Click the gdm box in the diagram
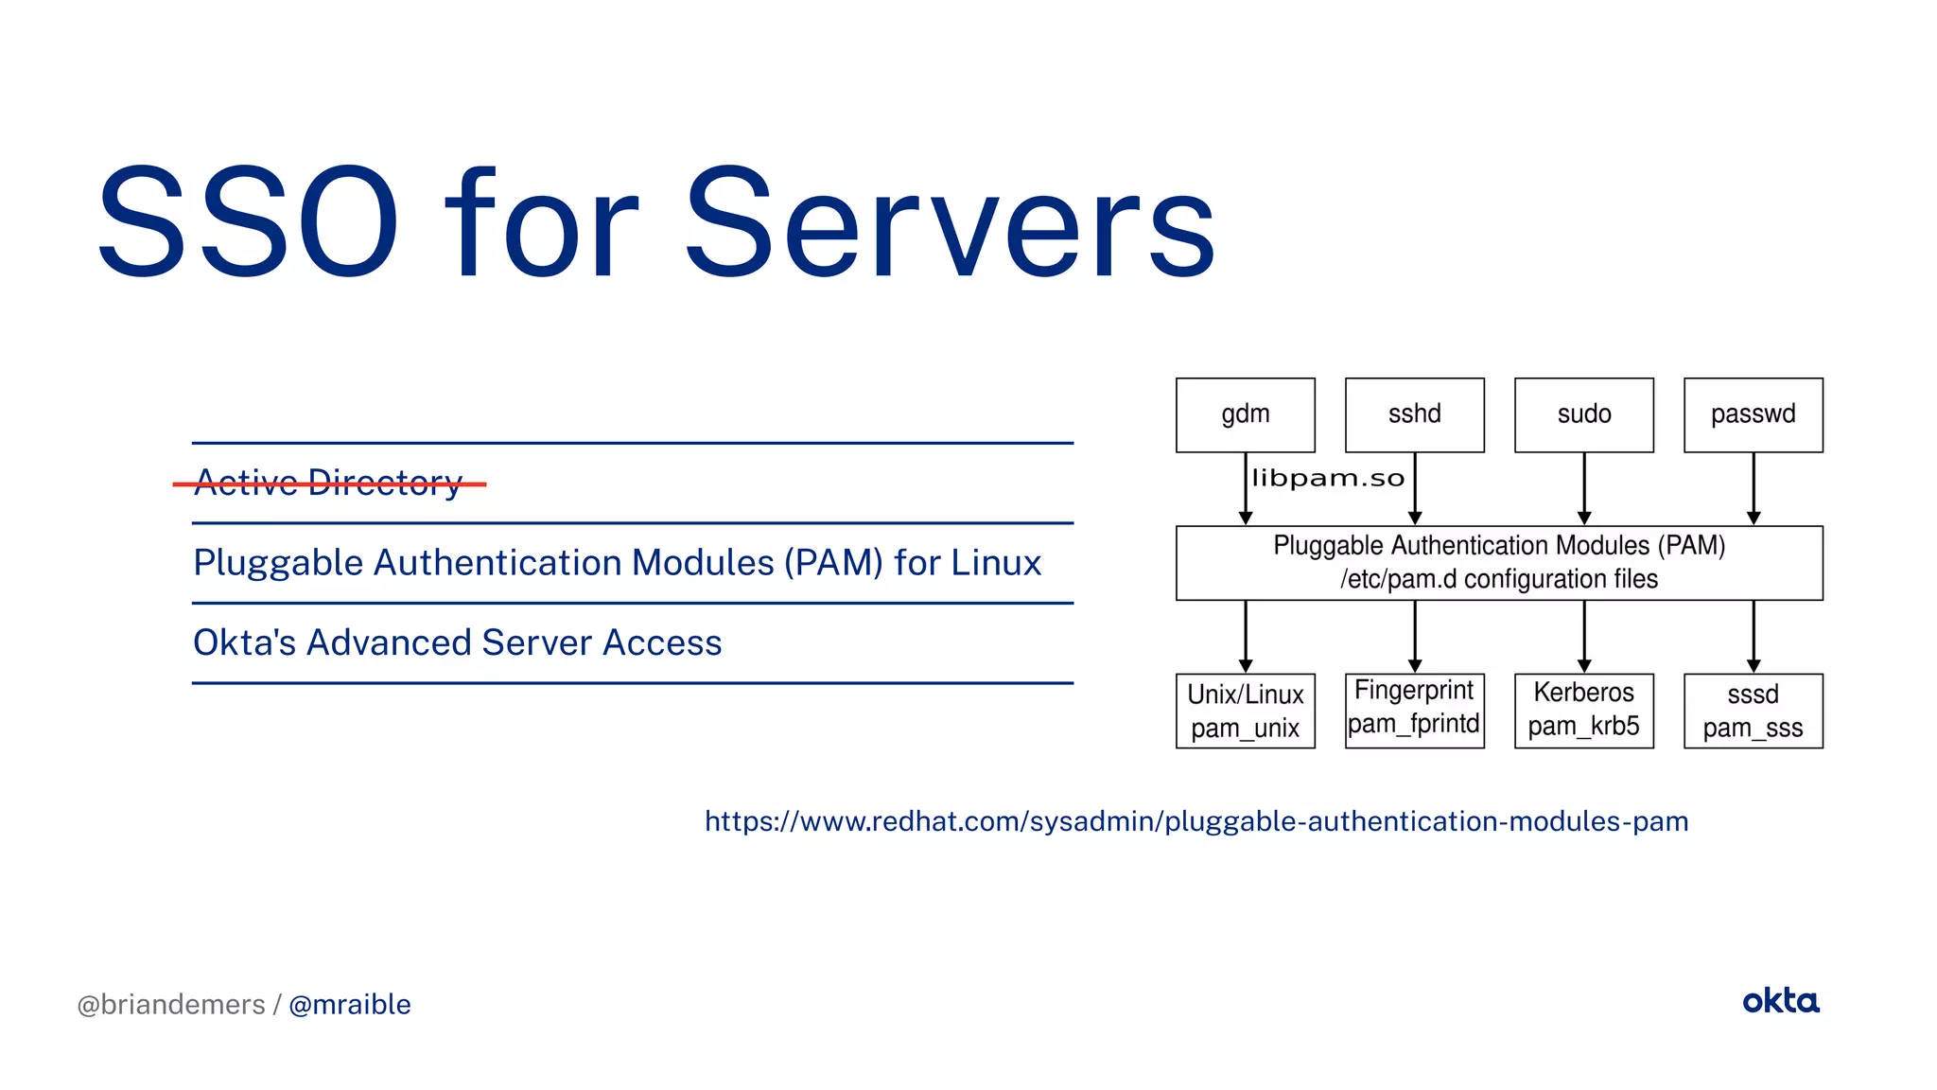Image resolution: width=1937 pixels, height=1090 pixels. tap(1245, 414)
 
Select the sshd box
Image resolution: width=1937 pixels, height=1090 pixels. tap(1414, 414)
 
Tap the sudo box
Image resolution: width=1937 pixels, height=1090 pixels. tap(1583, 414)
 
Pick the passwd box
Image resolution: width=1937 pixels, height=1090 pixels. tap(1753, 414)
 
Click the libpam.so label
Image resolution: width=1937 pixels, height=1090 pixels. tap(1328, 479)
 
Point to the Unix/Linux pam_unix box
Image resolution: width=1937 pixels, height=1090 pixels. tap(1245, 711)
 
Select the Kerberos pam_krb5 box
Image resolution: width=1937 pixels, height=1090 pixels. tap(1583, 710)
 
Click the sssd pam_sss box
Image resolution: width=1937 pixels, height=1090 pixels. tap(1753, 711)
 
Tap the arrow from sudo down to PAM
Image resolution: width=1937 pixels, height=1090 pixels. tap(1584, 488)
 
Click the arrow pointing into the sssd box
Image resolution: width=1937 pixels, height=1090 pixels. tap(1754, 637)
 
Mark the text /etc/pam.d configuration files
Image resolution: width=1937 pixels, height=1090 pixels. tap(1499, 579)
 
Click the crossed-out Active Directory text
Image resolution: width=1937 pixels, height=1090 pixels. tap(328, 483)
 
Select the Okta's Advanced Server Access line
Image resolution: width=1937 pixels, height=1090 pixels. tap(457, 642)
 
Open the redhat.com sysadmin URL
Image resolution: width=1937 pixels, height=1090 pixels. tap(1196, 820)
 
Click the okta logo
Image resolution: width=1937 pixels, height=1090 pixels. tap(1780, 1001)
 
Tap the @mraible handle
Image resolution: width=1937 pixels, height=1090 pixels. tap(349, 1004)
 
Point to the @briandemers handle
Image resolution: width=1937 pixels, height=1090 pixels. tap(170, 1004)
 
